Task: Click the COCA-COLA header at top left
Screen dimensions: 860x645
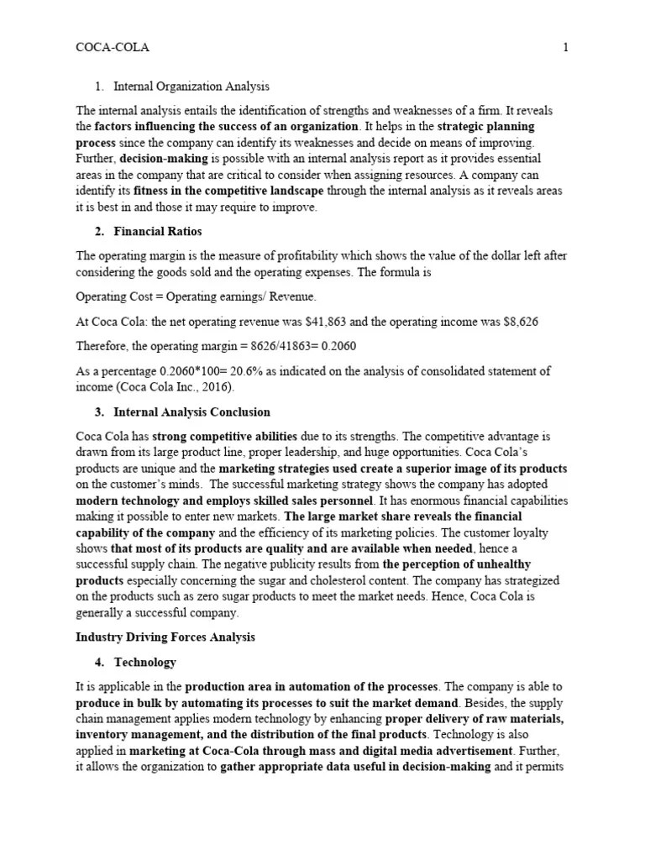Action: tap(113, 48)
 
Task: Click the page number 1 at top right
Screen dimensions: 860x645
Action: tap(565, 48)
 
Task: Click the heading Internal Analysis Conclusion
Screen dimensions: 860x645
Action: tap(191, 412)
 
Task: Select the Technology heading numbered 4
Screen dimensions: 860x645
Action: tap(144, 662)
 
